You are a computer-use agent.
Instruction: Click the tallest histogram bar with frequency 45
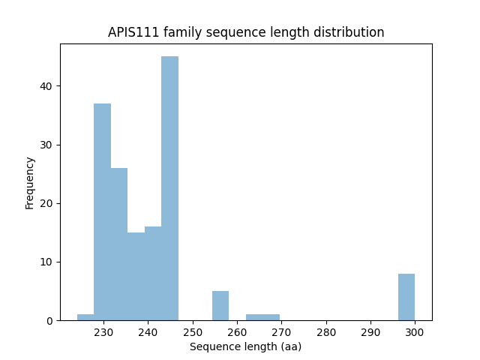click(x=169, y=187)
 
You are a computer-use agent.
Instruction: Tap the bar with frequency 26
click(x=119, y=244)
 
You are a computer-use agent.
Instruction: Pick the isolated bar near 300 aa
click(x=406, y=297)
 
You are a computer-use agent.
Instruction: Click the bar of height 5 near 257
click(x=220, y=306)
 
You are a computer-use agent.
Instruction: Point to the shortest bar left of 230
click(x=85, y=317)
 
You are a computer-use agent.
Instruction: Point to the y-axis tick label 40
click(x=46, y=86)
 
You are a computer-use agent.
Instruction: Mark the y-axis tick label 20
click(x=46, y=203)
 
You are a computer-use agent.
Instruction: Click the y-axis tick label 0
click(x=49, y=320)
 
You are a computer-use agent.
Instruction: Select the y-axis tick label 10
click(x=46, y=262)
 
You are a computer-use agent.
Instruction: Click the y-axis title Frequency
click(x=30, y=182)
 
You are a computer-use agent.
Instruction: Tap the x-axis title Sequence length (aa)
click(x=245, y=346)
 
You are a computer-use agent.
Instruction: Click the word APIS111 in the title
click(x=133, y=32)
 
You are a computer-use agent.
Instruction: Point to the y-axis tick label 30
click(x=46, y=145)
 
